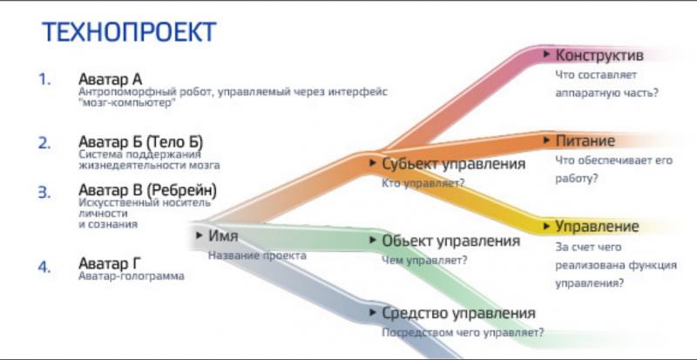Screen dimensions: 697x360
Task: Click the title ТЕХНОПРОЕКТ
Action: click(x=129, y=31)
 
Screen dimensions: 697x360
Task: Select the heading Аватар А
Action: click(x=111, y=79)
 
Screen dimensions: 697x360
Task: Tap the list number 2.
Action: click(x=44, y=143)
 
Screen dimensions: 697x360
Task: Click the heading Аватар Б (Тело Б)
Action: click(x=141, y=142)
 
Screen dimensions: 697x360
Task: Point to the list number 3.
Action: click(x=44, y=193)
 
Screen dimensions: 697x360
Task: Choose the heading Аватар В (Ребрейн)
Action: click(x=147, y=190)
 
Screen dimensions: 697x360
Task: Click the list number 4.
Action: click(x=44, y=267)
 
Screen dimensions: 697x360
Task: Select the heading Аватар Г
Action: click(x=110, y=263)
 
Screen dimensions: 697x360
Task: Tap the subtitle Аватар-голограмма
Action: click(x=132, y=276)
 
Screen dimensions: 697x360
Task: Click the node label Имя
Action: click(x=223, y=235)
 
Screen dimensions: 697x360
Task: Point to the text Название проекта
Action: click(x=257, y=255)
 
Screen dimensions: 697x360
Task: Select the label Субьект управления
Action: click(x=453, y=164)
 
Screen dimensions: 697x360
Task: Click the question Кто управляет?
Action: click(x=423, y=183)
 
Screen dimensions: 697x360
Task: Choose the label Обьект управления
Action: click(x=450, y=241)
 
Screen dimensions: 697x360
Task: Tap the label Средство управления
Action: click(x=458, y=313)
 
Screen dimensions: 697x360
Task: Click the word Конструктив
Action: click(x=599, y=55)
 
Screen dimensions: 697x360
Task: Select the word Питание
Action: click(x=585, y=140)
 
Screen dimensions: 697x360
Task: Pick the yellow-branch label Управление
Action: click(x=597, y=227)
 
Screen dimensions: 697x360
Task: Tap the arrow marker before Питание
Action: click(x=547, y=140)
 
